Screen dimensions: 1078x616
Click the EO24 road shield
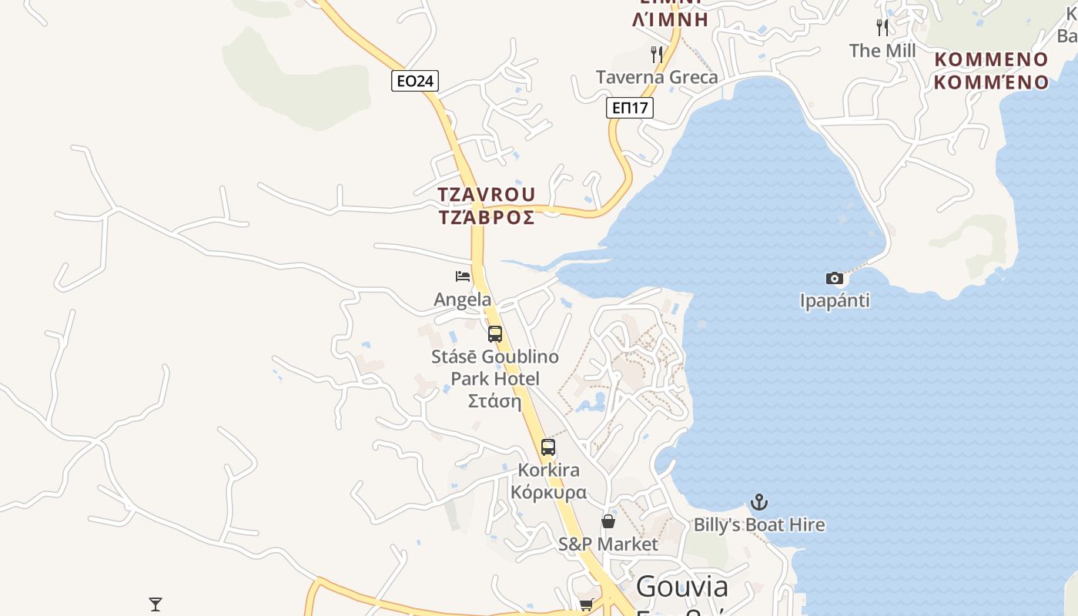tap(415, 81)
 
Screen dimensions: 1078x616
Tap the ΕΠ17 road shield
tap(630, 108)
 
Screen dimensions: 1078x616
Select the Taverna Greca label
tap(657, 77)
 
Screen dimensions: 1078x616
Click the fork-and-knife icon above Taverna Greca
tap(657, 55)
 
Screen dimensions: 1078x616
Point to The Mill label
tap(882, 51)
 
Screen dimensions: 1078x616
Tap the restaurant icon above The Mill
tap(882, 28)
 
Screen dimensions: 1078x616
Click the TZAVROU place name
tap(487, 194)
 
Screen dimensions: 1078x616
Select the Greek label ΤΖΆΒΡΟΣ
tap(487, 218)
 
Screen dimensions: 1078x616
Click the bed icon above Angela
tap(463, 276)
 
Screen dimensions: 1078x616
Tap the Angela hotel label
tap(463, 300)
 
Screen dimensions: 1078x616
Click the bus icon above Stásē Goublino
tap(495, 334)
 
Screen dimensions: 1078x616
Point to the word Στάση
tap(495, 401)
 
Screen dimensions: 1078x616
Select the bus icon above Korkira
tap(548, 447)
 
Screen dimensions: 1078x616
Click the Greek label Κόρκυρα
tap(548, 493)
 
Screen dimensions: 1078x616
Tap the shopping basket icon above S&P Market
tap(608, 522)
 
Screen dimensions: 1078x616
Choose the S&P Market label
tap(608, 544)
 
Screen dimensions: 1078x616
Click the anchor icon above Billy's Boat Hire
tap(759, 503)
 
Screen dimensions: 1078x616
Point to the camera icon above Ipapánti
tap(835, 278)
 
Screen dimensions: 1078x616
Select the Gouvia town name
tap(682, 587)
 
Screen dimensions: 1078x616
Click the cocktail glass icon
tap(156, 604)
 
